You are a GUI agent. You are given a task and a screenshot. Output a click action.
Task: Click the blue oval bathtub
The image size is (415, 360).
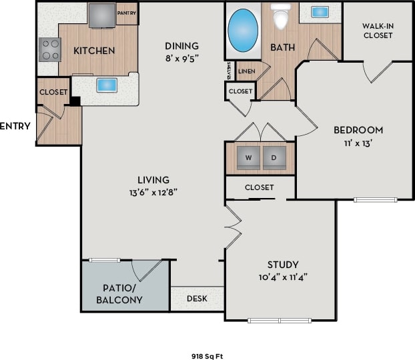pyautogui.click(x=243, y=29)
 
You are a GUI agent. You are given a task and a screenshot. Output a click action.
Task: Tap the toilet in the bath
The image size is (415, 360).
pyautogui.click(x=281, y=17)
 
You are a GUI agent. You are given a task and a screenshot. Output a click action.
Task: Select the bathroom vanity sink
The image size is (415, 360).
pyautogui.click(x=320, y=12)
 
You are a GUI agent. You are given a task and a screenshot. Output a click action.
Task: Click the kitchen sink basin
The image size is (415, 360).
pyautogui.click(x=107, y=85)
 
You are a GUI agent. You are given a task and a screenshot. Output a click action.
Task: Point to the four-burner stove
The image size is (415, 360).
pyautogui.click(x=49, y=49)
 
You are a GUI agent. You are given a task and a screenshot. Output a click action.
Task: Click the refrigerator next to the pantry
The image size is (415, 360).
pyautogui.click(x=101, y=14)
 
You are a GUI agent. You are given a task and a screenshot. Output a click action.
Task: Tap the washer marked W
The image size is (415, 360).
pyautogui.click(x=248, y=158)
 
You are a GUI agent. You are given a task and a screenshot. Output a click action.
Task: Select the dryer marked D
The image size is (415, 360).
pyautogui.click(x=274, y=158)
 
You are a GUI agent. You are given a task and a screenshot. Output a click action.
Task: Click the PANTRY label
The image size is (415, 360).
pyautogui.click(x=126, y=12)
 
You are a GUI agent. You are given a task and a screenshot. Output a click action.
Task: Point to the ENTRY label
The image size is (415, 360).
pyautogui.click(x=15, y=125)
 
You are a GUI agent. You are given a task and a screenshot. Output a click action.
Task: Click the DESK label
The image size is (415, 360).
pyautogui.click(x=196, y=299)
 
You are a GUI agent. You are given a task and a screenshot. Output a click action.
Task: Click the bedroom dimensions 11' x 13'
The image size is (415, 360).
pyautogui.click(x=358, y=143)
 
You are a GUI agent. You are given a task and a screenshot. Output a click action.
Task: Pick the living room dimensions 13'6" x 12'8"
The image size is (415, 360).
pyautogui.click(x=153, y=192)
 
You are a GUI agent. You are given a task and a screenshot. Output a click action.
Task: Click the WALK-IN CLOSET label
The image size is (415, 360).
pyautogui.click(x=378, y=31)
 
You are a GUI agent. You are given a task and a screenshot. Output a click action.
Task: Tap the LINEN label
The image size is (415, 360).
pyautogui.click(x=246, y=70)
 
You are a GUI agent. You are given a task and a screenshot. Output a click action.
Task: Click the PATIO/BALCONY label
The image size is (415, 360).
pyautogui.click(x=121, y=294)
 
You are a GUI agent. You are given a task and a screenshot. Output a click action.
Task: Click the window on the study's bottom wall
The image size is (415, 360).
pyautogui.click(x=280, y=321)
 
